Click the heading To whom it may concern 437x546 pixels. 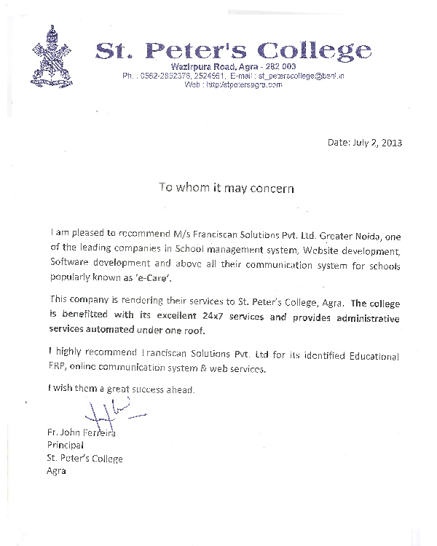tap(227, 188)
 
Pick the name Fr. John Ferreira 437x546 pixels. tap(81, 434)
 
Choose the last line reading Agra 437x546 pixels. tap(56, 470)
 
